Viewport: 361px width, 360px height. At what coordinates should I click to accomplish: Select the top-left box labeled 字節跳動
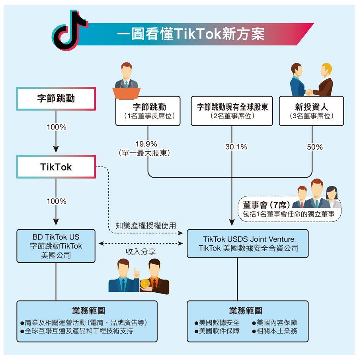point(56,99)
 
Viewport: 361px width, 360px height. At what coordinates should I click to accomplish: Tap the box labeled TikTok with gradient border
point(56,167)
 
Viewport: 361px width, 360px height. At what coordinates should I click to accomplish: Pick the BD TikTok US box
point(56,246)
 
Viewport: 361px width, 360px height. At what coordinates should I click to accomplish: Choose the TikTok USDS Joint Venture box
point(248,244)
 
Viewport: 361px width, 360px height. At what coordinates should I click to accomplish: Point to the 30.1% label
point(236,147)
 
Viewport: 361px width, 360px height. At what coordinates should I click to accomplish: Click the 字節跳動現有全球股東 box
point(232,111)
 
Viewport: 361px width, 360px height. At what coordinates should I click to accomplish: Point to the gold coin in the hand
point(144,284)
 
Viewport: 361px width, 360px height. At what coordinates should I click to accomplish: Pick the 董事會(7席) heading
point(265,205)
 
